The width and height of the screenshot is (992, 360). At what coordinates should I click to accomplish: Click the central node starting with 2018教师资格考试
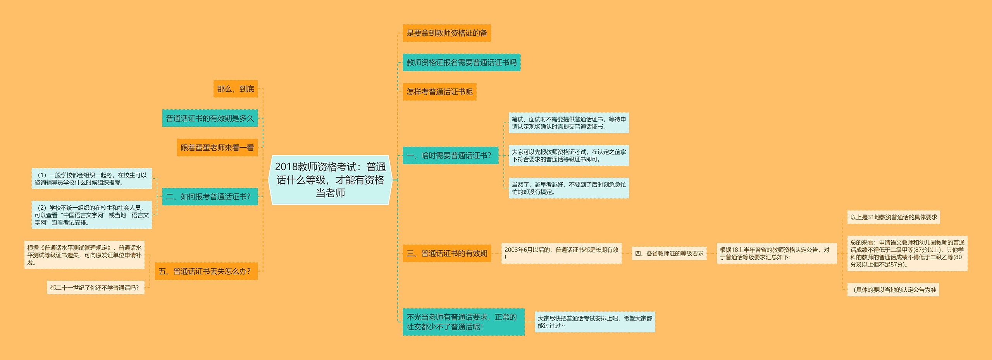330,180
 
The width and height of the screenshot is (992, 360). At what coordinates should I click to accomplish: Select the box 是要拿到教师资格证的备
446,33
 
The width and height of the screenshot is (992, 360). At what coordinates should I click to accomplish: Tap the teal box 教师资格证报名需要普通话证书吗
461,63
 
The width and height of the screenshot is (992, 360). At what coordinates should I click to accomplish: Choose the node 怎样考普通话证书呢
439,92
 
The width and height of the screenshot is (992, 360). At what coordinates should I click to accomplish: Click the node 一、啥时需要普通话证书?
450,156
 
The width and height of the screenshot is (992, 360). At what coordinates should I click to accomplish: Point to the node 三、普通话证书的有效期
446,253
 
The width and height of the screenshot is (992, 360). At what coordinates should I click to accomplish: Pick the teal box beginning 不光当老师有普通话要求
463,322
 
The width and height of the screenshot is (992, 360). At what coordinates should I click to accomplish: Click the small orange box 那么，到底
236,89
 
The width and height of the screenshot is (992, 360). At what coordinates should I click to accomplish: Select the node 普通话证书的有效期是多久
210,119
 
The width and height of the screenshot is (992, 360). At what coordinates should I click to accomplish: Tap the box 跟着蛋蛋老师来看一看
217,148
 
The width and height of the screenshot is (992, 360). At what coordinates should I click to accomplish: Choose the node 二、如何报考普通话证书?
210,197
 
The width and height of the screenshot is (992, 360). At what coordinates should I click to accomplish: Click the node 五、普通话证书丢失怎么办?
206,271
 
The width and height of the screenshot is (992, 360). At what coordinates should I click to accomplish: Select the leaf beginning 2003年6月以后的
561,253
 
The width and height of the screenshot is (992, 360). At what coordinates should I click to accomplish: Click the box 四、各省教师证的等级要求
669,253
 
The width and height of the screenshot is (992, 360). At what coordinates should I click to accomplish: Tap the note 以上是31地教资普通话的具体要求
893,217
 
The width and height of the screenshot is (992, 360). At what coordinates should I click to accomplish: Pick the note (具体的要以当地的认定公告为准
893,290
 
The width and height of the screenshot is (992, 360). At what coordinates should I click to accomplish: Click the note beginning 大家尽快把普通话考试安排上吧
594,322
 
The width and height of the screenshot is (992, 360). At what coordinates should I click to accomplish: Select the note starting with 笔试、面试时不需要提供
568,123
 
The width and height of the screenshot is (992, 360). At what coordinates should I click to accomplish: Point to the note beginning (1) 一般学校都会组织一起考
91,179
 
